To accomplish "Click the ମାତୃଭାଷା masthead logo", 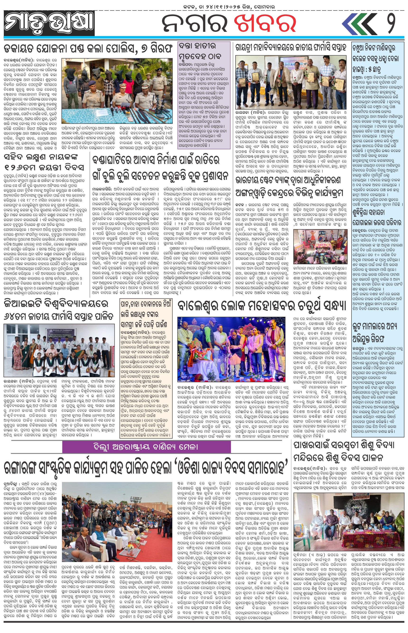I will pos(49,24).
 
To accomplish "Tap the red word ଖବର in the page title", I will pos(265,24).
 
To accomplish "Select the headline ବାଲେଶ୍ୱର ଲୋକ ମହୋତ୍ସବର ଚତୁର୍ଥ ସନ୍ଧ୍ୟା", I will pos(262,306).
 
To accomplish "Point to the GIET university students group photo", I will pos(59,350).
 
